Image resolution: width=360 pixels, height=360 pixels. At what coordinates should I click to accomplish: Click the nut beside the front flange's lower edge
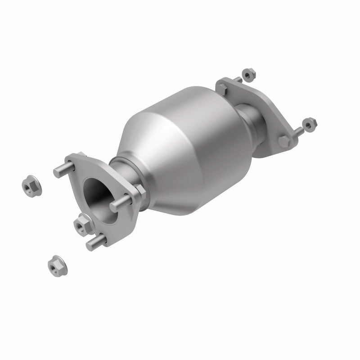click(x=83, y=222)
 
